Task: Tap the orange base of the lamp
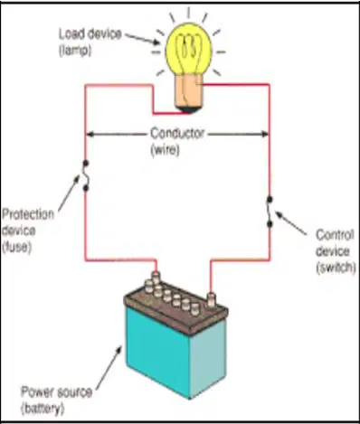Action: pyautogui.click(x=188, y=93)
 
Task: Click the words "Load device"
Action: pyautogui.click(x=90, y=34)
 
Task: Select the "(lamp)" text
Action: pyautogui.click(x=75, y=51)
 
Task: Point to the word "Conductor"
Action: pyautogui.click(x=177, y=134)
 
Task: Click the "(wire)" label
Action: pyautogui.click(x=165, y=150)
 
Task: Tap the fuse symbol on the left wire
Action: pyautogui.click(x=86, y=176)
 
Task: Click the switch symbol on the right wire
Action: pyautogui.click(x=270, y=212)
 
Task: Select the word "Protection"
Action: pyautogui.click(x=28, y=214)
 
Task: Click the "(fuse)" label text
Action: pyautogui.click(x=17, y=248)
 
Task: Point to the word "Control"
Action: pyautogui.click(x=335, y=235)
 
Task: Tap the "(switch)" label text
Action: pyautogui.click(x=336, y=268)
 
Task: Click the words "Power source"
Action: pyautogui.click(x=56, y=392)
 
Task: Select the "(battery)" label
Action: pyautogui.click(x=43, y=409)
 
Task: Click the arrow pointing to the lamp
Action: pyautogui.click(x=143, y=40)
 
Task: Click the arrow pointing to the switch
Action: pyautogui.click(x=291, y=222)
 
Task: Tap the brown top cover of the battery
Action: pyautogui.click(x=175, y=307)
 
